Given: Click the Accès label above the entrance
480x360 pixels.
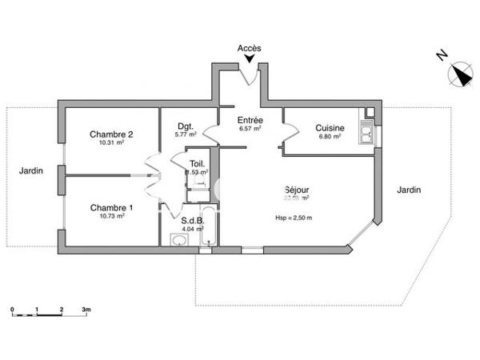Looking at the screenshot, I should tap(250, 49).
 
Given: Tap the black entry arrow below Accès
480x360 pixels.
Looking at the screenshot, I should tap(250, 60).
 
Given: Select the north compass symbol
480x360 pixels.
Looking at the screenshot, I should tap(461, 74).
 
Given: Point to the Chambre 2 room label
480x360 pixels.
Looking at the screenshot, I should tap(111, 134).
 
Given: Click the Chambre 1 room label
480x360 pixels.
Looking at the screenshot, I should tap(111, 207).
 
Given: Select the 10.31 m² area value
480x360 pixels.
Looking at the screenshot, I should tap(111, 143).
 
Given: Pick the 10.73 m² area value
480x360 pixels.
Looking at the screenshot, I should tap(111, 217).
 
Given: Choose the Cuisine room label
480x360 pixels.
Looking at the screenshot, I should tap(330, 128).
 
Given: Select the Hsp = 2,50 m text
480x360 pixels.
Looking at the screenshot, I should tap(294, 218).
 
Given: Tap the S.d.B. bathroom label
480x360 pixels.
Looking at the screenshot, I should tap(192, 220).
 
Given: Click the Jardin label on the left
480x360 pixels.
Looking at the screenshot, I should tap(31, 170).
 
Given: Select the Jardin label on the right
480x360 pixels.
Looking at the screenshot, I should tap(408, 190).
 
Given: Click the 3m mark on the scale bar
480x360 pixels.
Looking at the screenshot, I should tap(86, 309).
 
